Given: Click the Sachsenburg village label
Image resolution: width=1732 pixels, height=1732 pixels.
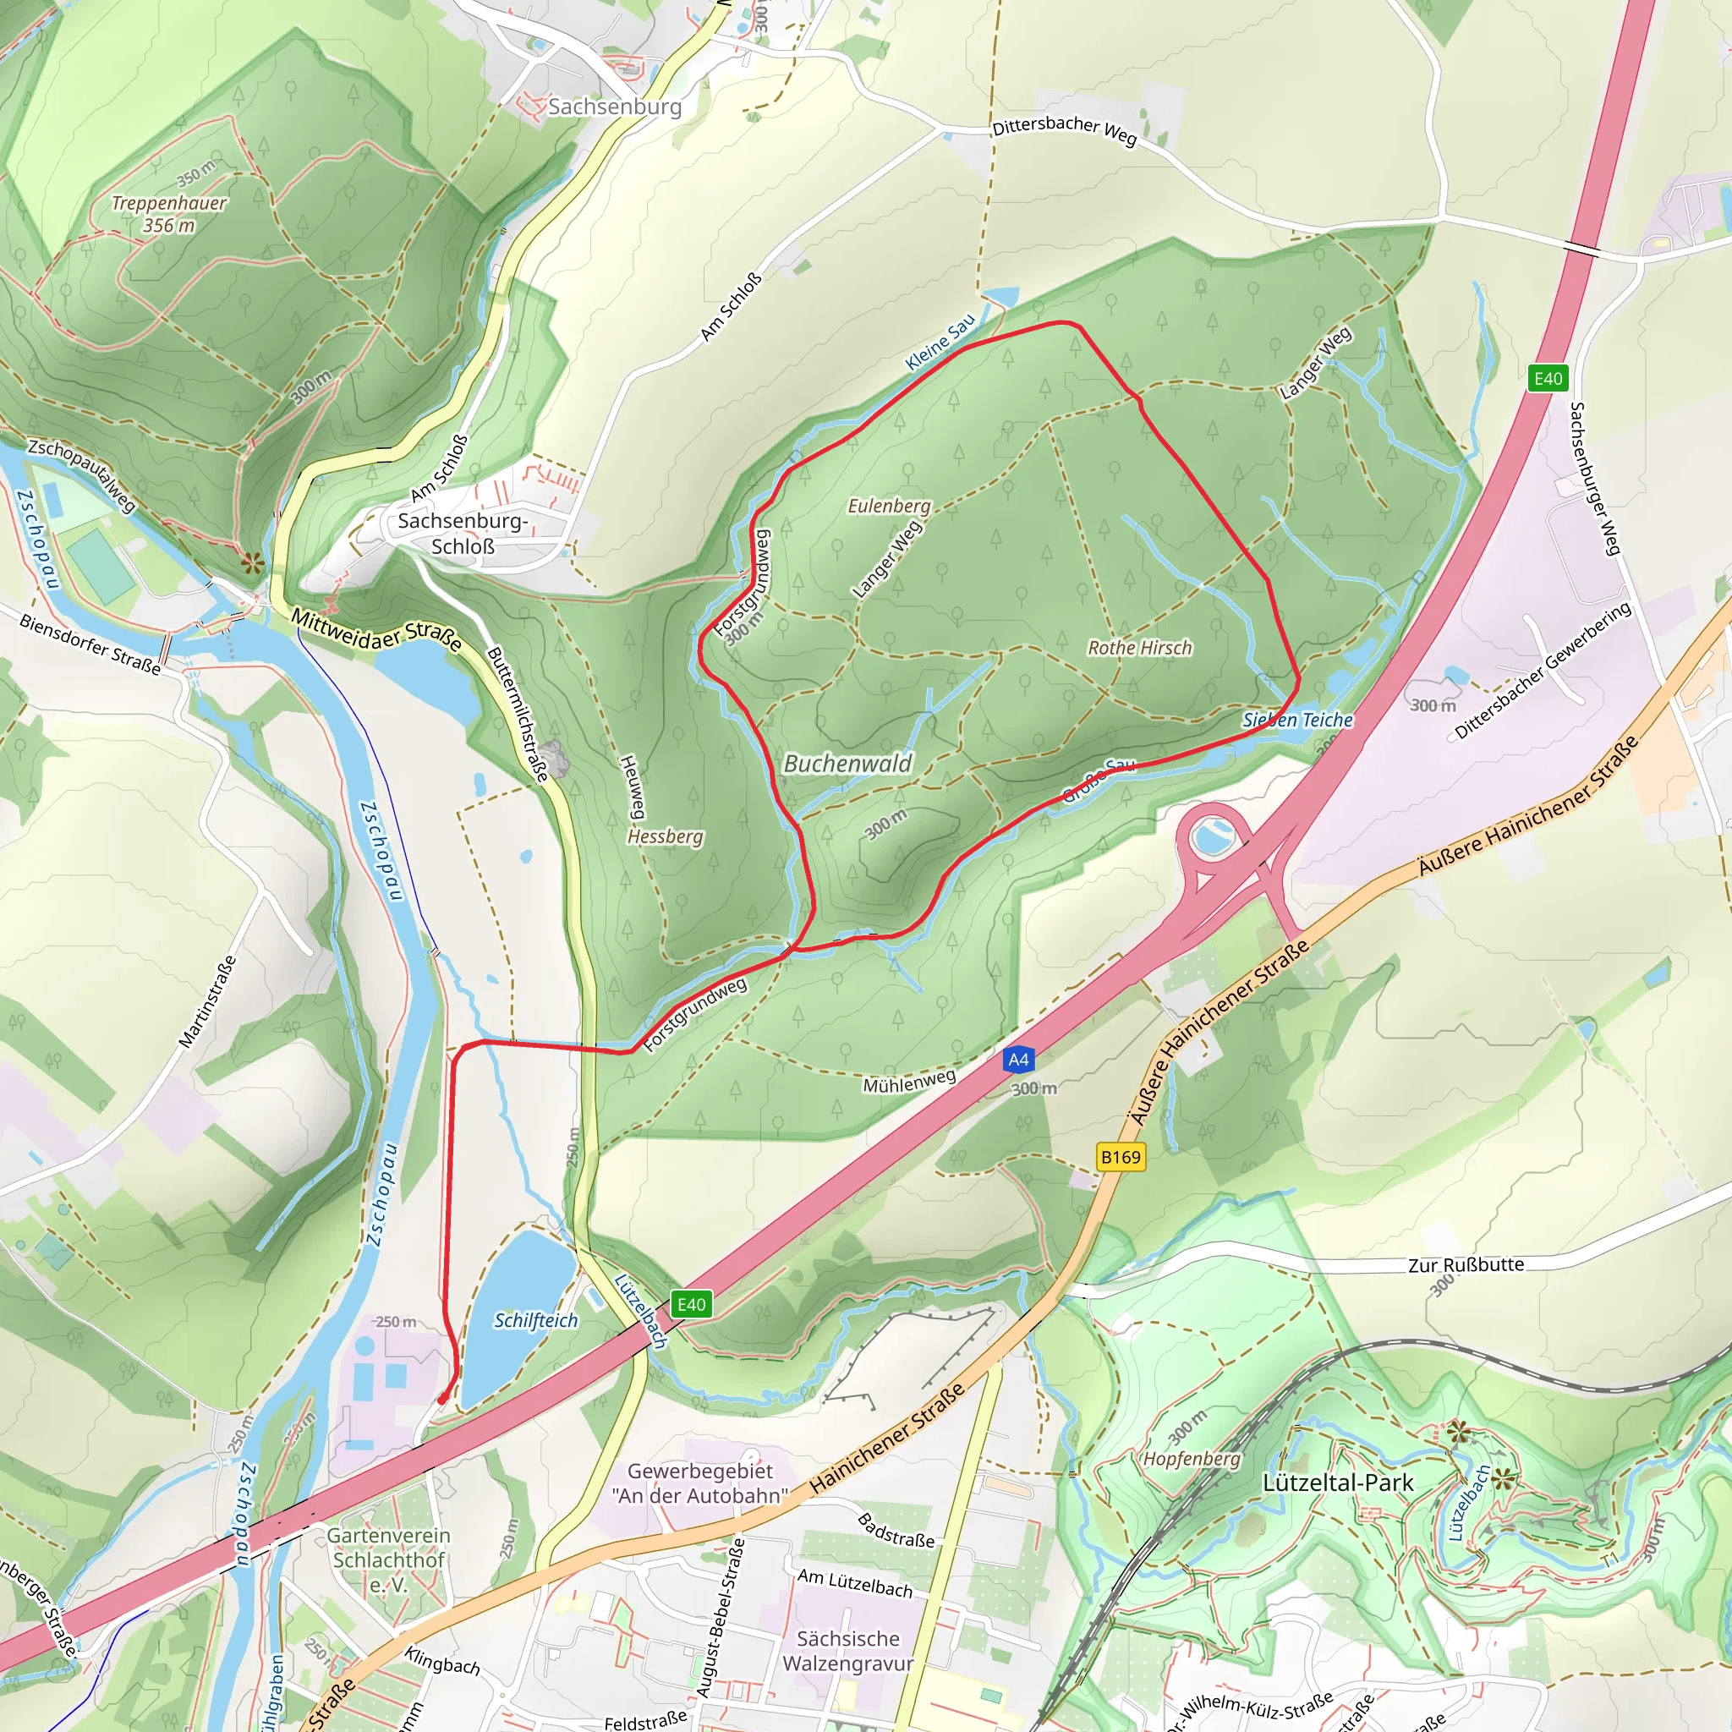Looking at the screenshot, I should pyautogui.click(x=614, y=107).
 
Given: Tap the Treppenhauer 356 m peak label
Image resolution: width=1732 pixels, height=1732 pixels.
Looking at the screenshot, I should pyautogui.click(x=168, y=213).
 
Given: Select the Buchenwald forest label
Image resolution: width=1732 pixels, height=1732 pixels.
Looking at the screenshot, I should pyautogui.click(x=847, y=764).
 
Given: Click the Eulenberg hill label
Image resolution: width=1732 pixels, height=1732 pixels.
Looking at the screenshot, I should pyautogui.click(x=890, y=506).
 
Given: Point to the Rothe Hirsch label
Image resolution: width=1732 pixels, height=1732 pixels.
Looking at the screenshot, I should pyautogui.click(x=1139, y=647).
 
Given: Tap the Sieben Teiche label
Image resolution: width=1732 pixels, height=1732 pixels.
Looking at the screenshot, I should pyautogui.click(x=1297, y=720).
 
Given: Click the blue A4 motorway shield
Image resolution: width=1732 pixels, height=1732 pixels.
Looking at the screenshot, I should pyautogui.click(x=1018, y=1060).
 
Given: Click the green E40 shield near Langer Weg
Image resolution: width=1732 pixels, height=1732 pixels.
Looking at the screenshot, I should pyautogui.click(x=1548, y=378).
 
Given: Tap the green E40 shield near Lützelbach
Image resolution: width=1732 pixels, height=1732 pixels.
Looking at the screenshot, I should pyautogui.click(x=691, y=1304).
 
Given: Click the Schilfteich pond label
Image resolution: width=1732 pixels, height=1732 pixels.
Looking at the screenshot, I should pyautogui.click(x=535, y=1320).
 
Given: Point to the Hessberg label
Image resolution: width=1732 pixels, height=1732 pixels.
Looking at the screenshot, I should pyautogui.click(x=666, y=836).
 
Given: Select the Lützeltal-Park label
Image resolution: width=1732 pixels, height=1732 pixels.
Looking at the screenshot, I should pyautogui.click(x=1338, y=1483).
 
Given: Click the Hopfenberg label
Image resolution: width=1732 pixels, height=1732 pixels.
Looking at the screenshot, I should pyautogui.click(x=1192, y=1459).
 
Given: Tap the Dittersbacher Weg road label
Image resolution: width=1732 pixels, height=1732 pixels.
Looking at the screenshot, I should pyautogui.click(x=1064, y=130).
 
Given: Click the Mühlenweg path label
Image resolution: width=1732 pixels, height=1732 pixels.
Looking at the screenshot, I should pyautogui.click(x=909, y=1082).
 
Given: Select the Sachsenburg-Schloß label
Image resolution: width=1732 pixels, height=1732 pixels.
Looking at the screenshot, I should pyautogui.click(x=463, y=534).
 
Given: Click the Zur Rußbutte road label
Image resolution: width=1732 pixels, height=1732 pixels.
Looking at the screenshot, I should pyautogui.click(x=1466, y=1265).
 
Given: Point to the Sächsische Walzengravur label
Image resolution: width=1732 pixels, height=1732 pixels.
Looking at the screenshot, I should pyautogui.click(x=847, y=1651).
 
